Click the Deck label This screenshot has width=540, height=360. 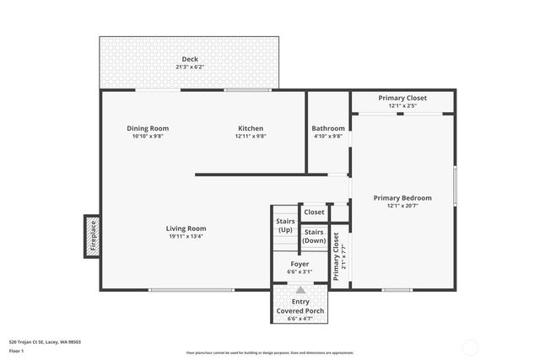189,59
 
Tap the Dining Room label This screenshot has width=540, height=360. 148,128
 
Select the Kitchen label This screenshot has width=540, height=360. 251,128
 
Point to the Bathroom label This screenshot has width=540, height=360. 327,128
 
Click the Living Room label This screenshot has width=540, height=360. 186,228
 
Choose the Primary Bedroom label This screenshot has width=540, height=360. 402,198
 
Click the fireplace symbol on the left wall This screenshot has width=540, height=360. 93,235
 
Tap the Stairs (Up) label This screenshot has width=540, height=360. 285,225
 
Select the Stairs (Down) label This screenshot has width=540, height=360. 314,235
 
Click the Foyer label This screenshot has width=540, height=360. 300,264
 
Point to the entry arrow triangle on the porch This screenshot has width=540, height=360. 300,289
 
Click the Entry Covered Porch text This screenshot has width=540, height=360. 300,306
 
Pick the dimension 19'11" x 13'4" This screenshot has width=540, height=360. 186,237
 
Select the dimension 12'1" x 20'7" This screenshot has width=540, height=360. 402,206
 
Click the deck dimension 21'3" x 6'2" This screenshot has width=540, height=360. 189,67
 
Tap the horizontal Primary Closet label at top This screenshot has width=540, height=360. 402,98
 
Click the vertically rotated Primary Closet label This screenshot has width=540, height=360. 337,256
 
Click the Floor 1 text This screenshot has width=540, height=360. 17,350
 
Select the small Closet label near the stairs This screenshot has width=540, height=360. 314,212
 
